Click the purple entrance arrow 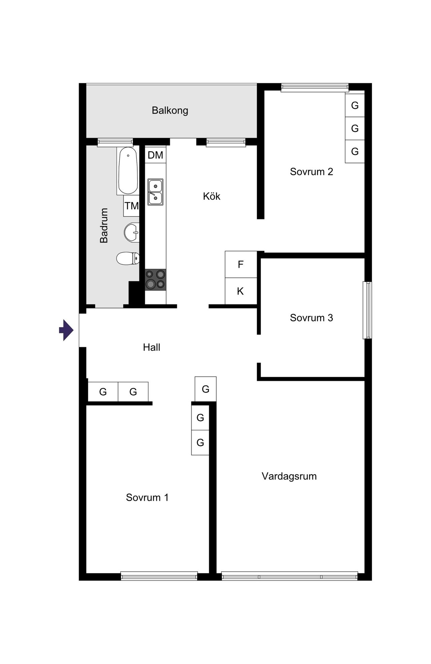pos(66,330)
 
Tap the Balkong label pos(170,110)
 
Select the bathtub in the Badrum pos(128,170)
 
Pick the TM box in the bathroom pos(131,206)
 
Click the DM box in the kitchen pos(155,155)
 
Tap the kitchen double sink pos(155,192)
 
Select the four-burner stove pos(155,280)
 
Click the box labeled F pos(241,264)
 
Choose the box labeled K pos(241,291)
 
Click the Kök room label pos(211,196)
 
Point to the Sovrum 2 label pos(311,172)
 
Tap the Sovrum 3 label pos(311,318)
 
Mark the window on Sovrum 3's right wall pos(367,310)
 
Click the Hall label pos(152,347)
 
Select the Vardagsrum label pos(289,476)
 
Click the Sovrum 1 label pos(147,497)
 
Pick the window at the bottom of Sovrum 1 pos(159,576)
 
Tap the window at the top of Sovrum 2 pos(314,88)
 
